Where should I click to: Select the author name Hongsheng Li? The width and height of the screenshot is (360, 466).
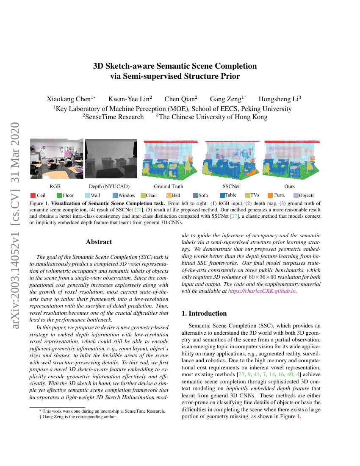tap(278, 99)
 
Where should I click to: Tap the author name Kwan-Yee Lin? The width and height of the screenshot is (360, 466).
tap(128, 99)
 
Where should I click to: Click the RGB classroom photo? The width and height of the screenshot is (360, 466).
tap(56, 159)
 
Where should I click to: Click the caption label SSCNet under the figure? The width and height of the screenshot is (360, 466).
tap(231, 186)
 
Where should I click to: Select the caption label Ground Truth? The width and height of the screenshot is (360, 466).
tap(168, 186)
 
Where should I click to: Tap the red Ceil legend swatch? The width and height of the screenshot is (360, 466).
tap(33, 195)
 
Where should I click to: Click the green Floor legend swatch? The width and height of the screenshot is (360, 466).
tap(59, 195)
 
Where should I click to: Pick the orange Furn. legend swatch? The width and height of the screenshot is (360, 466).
tap(270, 195)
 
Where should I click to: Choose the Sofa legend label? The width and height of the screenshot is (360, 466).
tap(203, 195)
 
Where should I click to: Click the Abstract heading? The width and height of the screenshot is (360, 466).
tap(99, 242)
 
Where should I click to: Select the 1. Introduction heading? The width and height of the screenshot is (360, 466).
tap(204, 313)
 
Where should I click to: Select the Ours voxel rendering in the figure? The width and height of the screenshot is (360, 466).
tap(291, 159)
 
